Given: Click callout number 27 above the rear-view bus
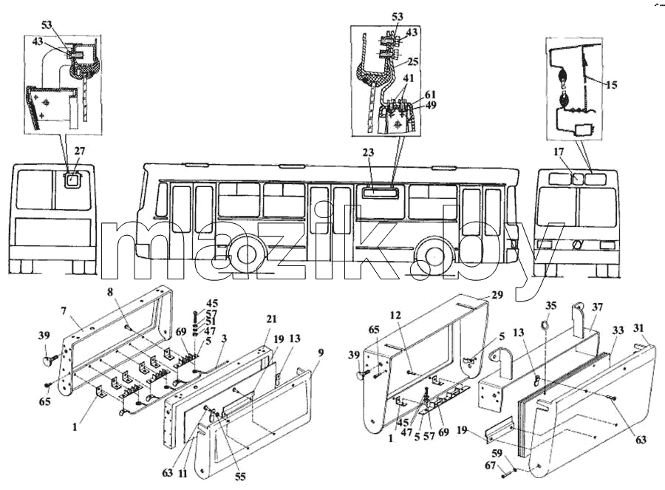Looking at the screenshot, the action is click(x=79, y=152).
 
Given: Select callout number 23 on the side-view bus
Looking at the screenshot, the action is click(x=368, y=152).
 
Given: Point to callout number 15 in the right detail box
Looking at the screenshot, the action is click(x=611, y=85).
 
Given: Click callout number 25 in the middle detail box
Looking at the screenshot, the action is click(x=412, y=61).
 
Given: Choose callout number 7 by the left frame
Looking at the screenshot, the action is click(x=64, y=311).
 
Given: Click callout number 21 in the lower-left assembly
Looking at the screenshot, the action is click(x=271, y=319).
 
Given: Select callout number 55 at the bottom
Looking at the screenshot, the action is click(x=240, y=477).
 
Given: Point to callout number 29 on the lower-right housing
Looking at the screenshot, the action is click(x=497, y=294).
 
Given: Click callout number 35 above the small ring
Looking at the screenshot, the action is click(x=550, y=305).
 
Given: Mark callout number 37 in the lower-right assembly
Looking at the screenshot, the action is click(x=597, y=307).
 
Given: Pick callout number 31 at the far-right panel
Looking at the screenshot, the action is click(x=638, y=328).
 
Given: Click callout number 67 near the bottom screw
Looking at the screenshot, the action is click(x=490, y=466).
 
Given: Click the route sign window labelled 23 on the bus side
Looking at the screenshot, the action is click(x=380, y=193).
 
